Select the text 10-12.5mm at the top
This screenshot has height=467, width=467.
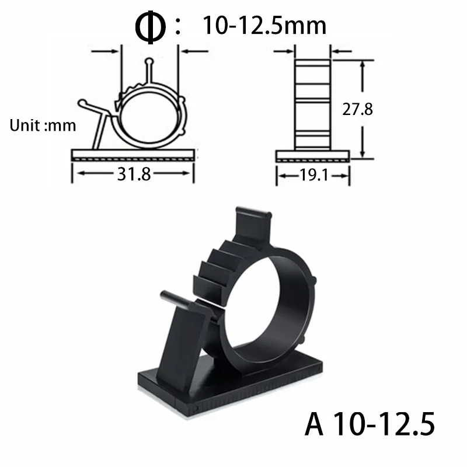[264, 26]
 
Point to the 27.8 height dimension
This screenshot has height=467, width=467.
[357, 109]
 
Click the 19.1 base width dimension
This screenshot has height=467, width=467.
[312, 174]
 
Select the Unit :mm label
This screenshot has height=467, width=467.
[43, 125]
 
